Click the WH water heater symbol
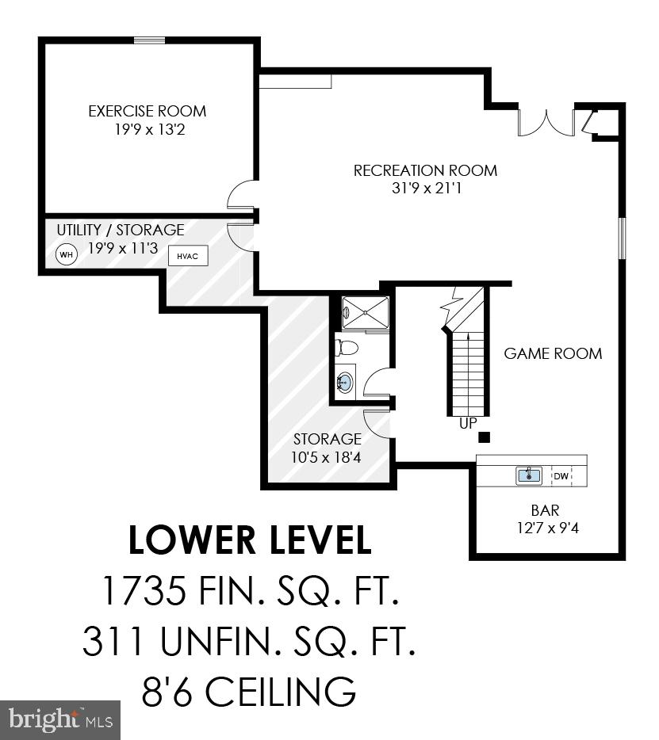(x=66, y=255)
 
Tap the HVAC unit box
(x=187, y=256)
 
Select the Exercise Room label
(x=148, y=111)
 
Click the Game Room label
(x=553, y=353)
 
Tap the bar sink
(x=529, y=475)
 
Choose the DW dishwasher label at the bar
(x=561, y=476)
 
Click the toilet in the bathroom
(x=347, y=347)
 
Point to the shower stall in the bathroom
(x=365, y=312)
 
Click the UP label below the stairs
(x=468, y=424)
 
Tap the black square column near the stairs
(x=485, y=437)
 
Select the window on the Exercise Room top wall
(x=149, y=40)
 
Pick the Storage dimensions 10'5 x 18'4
(x=328, y=456)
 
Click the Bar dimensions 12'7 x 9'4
(x=546, y=527)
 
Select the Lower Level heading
(x=250, y=540)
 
